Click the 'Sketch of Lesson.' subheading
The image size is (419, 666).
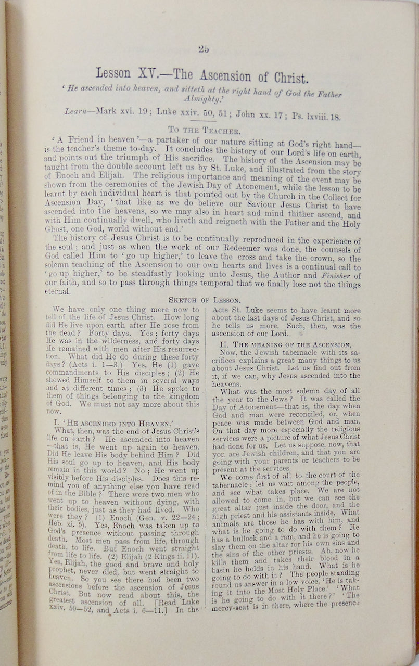(204, 300)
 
